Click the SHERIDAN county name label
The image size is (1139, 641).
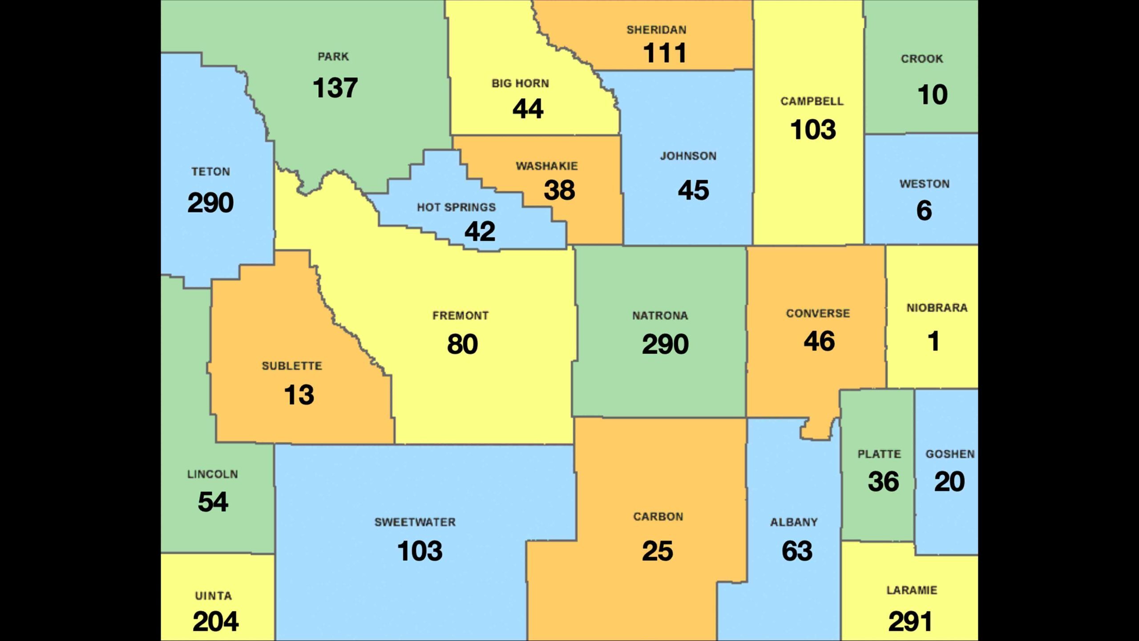pyautogui.click(x=656, y=30)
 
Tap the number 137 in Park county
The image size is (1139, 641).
pyautogui.click(x=335, y=88)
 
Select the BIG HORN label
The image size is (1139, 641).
pyautogui.click(x=520, y=83)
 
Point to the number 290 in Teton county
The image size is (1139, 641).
pyautogui.click(x=210, y=203)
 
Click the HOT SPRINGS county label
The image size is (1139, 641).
pyautogui.click(x=456, y=207)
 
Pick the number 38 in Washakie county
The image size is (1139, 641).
pyautogui.click(x=559, y=190)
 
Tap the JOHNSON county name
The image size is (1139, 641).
pyautogui.click(x=688, y=156)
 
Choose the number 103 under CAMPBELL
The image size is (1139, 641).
pyautogui.click(x=813, y=130)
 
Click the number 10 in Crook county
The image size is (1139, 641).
pyautogui.click(x=933, y=95)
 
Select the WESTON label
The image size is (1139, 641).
pyautogui.click(x=925, y=184)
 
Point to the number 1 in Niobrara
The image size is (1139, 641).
pyautogui.click(x=933, y=341)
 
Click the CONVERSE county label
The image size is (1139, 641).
pyautogui.click(x=818, y=313)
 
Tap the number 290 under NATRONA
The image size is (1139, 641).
pyautogui.click(x=665, y=344)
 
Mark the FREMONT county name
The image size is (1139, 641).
pyautogui.click(x=460, y=316)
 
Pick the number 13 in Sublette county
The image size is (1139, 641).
pyautogui.click(x=299, y=395)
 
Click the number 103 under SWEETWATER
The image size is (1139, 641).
pyautogui.click(x=420, y=551)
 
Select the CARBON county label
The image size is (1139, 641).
pyautogui.click(x=658, y=517)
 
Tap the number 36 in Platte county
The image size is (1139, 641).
pyautogui.click(x=883, y=482)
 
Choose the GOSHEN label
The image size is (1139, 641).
pyautogui.click(x=950, y=454)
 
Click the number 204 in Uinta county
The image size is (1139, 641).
pyautogui.click(x=215, y=621)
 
